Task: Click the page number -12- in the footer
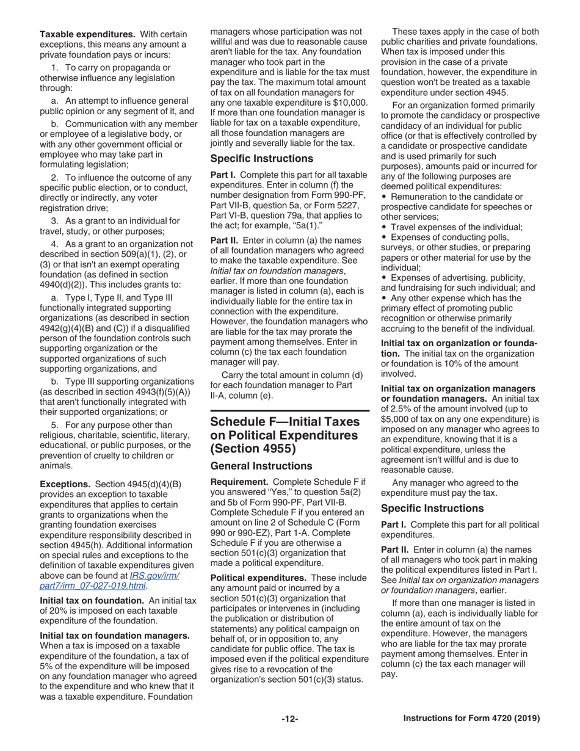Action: (x=289, y=719)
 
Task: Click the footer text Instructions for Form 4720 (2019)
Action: (x=471, y=719)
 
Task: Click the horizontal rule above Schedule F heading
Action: (x=290, y=411)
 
